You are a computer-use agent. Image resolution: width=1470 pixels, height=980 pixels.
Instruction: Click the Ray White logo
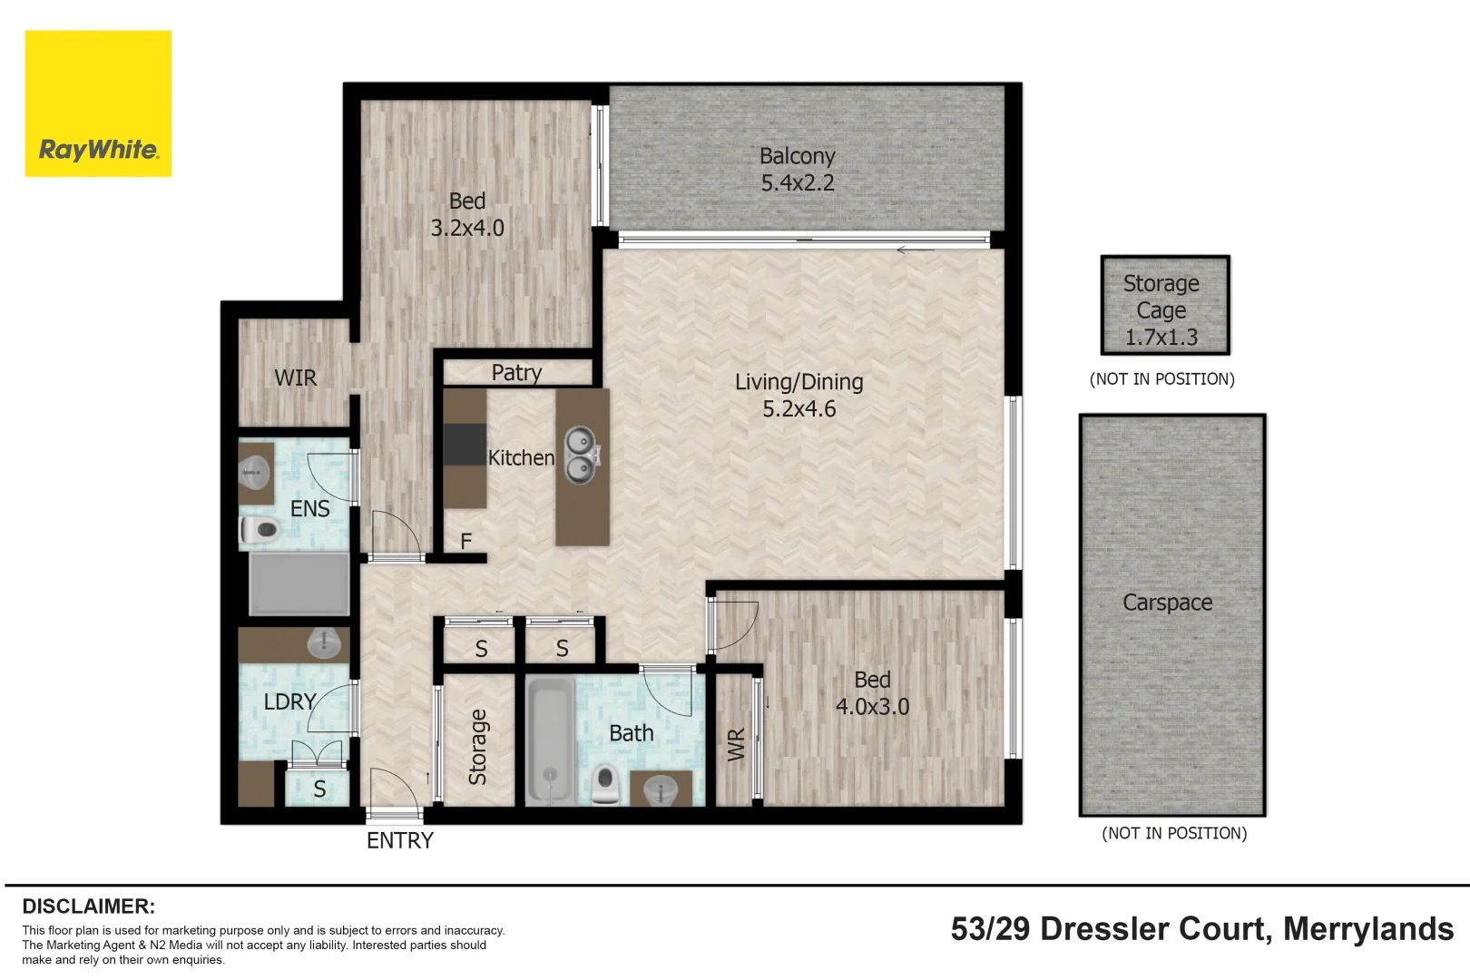(98, 104)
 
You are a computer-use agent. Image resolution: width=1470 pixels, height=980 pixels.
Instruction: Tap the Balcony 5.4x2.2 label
(798, 170)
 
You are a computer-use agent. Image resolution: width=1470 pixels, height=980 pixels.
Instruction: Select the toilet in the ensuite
(260, 531)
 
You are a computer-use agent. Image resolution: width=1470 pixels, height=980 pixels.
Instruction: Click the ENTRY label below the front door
(399, 841)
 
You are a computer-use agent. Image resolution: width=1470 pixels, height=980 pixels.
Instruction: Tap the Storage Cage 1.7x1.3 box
(1165, 306)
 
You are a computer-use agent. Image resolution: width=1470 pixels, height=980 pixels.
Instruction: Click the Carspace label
(1167, 603)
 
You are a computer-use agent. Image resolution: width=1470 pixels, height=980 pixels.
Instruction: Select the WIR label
(295, 377)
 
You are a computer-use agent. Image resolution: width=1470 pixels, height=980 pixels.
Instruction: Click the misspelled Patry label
(516, 373)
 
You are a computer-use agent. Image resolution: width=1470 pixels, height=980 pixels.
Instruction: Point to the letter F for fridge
(465, 542)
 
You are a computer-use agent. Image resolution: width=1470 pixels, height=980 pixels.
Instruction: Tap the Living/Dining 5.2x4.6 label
(799, 395)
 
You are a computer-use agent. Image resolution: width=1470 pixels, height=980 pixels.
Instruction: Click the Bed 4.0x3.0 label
(872, 693)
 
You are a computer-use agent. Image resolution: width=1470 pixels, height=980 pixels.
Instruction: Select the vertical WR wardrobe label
(736, 744)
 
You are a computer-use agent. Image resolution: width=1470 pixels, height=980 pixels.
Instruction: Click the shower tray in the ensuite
(299, 583)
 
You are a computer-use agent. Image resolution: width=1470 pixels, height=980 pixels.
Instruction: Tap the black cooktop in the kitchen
(465, 445)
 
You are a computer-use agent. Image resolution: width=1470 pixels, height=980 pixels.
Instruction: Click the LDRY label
(289, 701)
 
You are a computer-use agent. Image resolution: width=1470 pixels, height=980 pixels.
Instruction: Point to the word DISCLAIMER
(88, 906)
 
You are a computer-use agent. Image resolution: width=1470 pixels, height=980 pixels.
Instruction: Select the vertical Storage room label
(477, 747)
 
